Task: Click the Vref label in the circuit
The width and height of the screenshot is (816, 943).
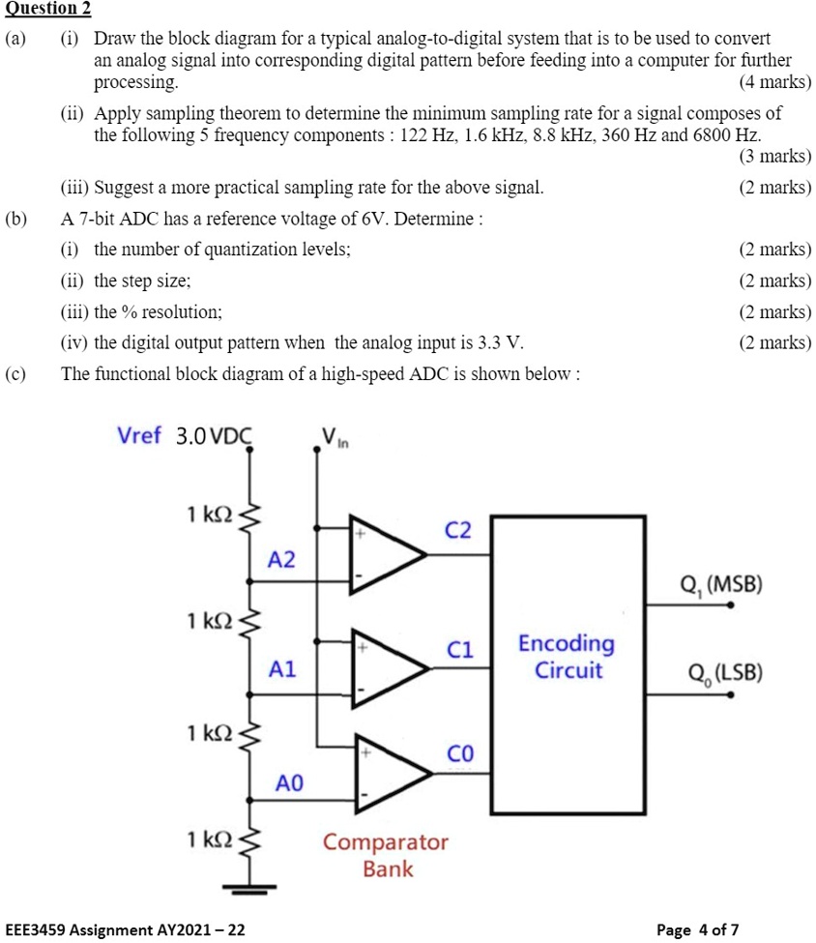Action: point(139,435)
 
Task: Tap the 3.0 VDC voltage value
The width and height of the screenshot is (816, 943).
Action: point(214,436)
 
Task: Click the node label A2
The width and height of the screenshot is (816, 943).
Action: point(283,560)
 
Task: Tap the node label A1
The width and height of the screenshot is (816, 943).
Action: point(283,668)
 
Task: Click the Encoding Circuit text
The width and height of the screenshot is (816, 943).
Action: point(567,657)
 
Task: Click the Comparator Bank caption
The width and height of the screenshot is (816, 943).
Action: point(386,855)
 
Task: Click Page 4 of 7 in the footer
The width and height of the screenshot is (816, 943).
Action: point(697,929)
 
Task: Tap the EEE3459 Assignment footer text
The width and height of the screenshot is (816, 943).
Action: point(125,929)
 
